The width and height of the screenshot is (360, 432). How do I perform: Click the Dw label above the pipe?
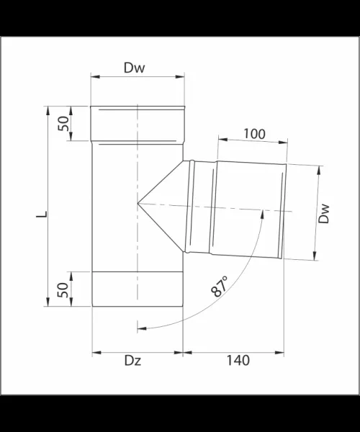(x=134, y=68)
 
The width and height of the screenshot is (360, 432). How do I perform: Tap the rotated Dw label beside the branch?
(x=324, y=214)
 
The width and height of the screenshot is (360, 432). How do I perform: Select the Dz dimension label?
(x=132, y=361)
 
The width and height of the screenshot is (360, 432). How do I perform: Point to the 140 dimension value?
(x=238, y=361)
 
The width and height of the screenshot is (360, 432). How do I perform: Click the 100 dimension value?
(x=254, y=134)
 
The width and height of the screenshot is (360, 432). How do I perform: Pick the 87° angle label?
(x=220, y=286)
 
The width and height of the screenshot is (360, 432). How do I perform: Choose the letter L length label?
(x=42, y=214)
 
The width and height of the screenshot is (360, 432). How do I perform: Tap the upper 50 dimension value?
(x=63, y=123)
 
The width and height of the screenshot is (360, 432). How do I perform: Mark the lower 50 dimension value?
(x=63, y=289)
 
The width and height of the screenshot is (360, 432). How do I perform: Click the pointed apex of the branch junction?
(x=138, y=203)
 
